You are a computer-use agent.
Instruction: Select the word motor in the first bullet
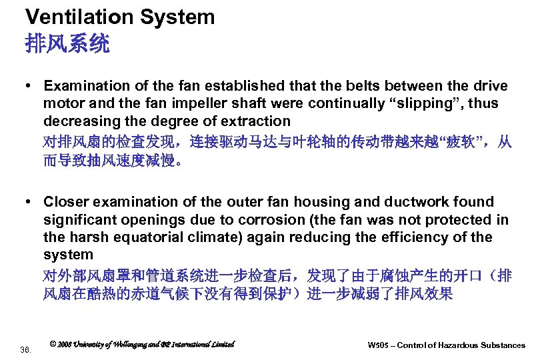click(63, 103)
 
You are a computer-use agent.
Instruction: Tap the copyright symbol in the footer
click(53, 344)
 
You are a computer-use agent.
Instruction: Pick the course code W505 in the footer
click(380, 345)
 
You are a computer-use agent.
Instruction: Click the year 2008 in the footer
click(66, 344)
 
